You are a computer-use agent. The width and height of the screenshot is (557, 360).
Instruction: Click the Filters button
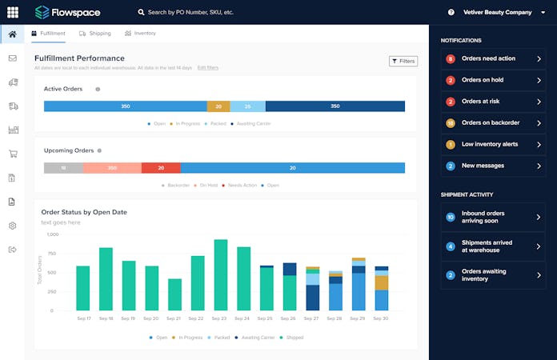(403, 61)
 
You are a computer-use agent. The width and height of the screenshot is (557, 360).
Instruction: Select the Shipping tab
(94, 34)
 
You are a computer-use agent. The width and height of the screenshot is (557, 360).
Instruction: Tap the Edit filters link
(207, 68)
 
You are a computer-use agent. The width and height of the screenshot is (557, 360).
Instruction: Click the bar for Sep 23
(221, 274)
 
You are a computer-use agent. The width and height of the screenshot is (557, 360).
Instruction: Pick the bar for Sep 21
(174, 294)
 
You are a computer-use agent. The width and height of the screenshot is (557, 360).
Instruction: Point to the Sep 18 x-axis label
(106, 318)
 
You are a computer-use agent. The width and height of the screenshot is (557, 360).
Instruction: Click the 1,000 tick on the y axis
(52, 234)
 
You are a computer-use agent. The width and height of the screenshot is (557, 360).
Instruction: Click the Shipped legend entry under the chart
(293, 338)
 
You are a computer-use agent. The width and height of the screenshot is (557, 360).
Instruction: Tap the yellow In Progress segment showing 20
(218, 106)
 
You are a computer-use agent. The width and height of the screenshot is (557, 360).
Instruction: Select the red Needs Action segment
(161, 168)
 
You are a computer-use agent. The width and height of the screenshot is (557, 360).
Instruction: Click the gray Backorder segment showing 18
(63, 168)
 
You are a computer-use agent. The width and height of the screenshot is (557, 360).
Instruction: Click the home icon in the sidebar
(12, 34)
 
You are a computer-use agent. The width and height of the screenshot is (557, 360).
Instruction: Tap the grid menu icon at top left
(12, 12)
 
